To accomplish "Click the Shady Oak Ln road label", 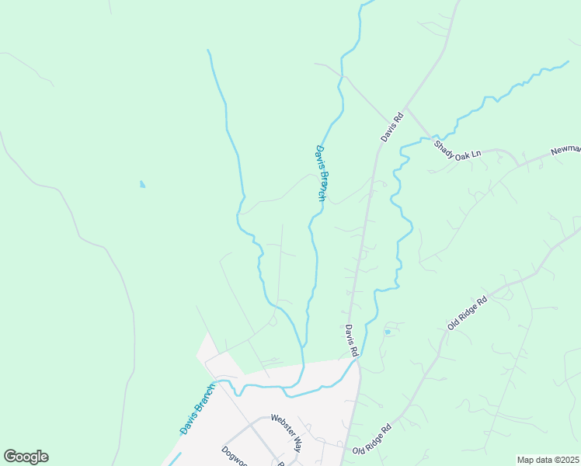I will coord(457,149).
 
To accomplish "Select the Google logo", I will coord(26,457).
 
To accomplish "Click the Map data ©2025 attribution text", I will coord(547,460).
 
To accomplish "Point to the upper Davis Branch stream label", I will coord(320,174).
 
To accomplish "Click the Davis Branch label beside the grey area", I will coord(197,409).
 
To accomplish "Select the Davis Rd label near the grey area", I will coord(352,340).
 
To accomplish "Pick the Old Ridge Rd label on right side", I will coord(467,312).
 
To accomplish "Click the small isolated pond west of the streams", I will coord(141,185).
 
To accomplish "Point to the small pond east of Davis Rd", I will coord(387,332).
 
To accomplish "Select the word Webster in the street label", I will coord(281,424).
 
